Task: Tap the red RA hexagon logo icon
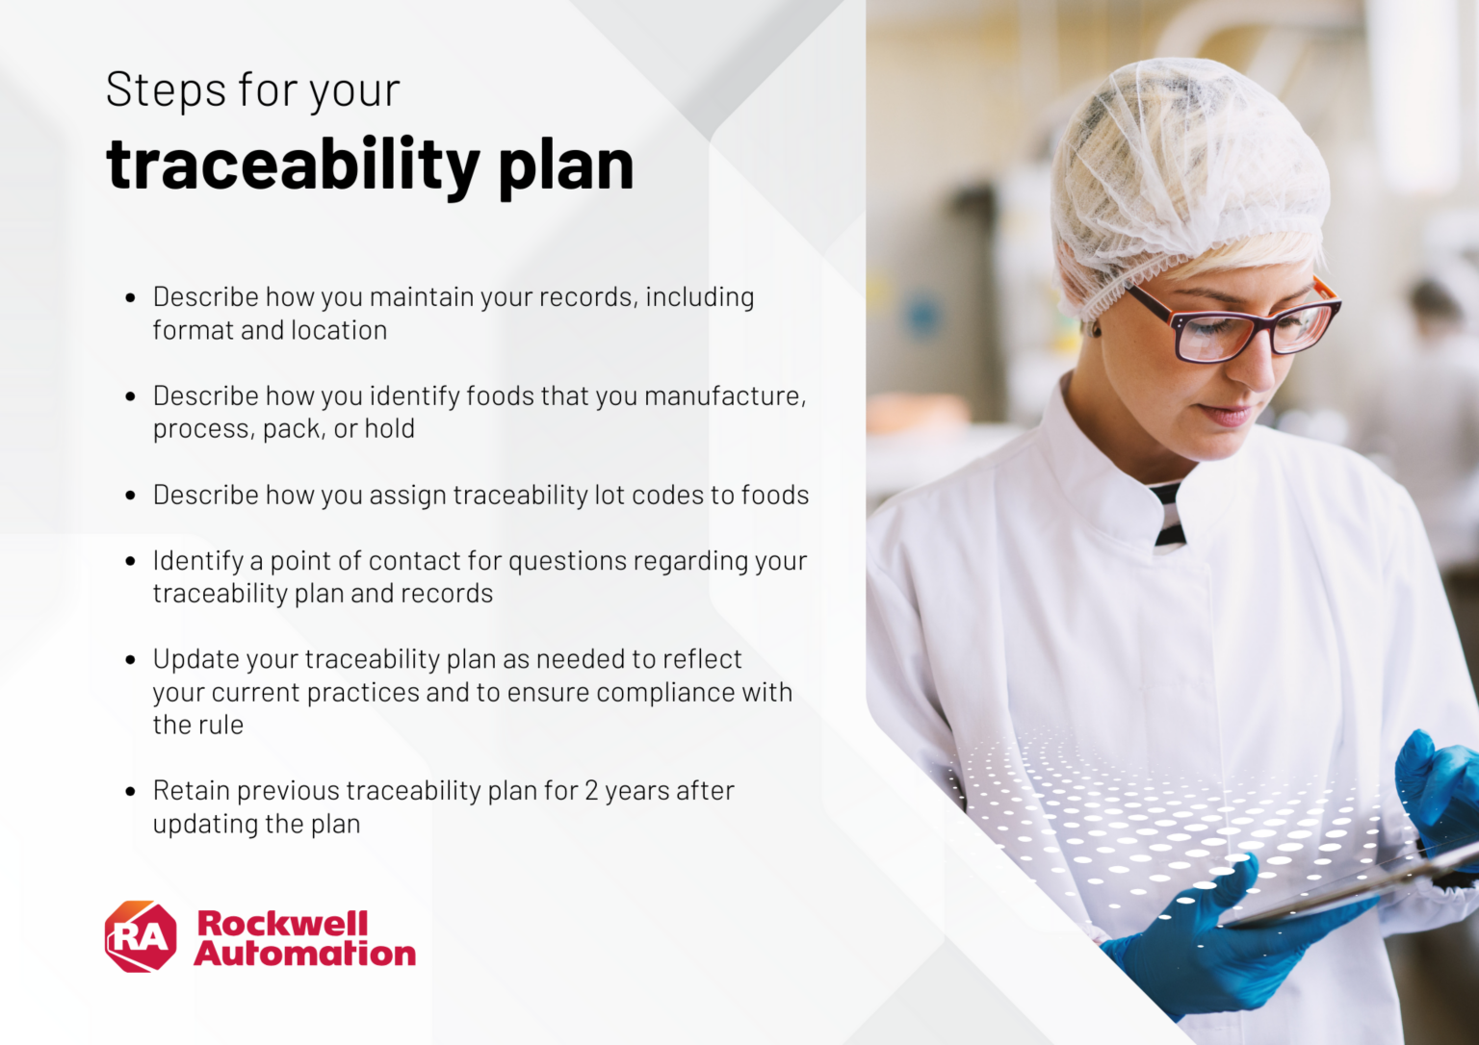(x=141, y=936)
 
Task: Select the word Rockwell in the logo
(x=282, y=923)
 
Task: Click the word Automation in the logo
(x=305, y=954)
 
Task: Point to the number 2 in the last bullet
(x=591, y=791)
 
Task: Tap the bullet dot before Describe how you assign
(x=131, y=496)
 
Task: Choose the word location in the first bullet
(x=339, y=331)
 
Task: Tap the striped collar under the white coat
(x=1167, y=515)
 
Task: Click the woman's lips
(x=1226, y=415)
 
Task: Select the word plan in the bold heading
(x=566, y=166)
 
